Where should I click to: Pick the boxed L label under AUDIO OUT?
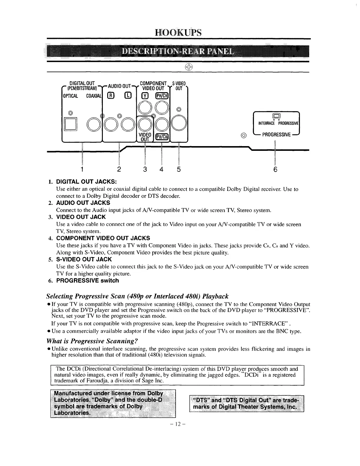click(128, 95)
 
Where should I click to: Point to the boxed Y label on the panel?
click(145, 95)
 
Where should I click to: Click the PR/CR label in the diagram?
click(162, 95)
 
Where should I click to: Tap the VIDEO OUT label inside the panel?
click(145, 137)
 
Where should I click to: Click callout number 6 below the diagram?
click(275, 170)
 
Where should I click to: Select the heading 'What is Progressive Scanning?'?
click(93, 341)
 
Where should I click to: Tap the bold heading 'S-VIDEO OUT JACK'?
click(84, 260)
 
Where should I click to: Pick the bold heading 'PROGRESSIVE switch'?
click(87, 281)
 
